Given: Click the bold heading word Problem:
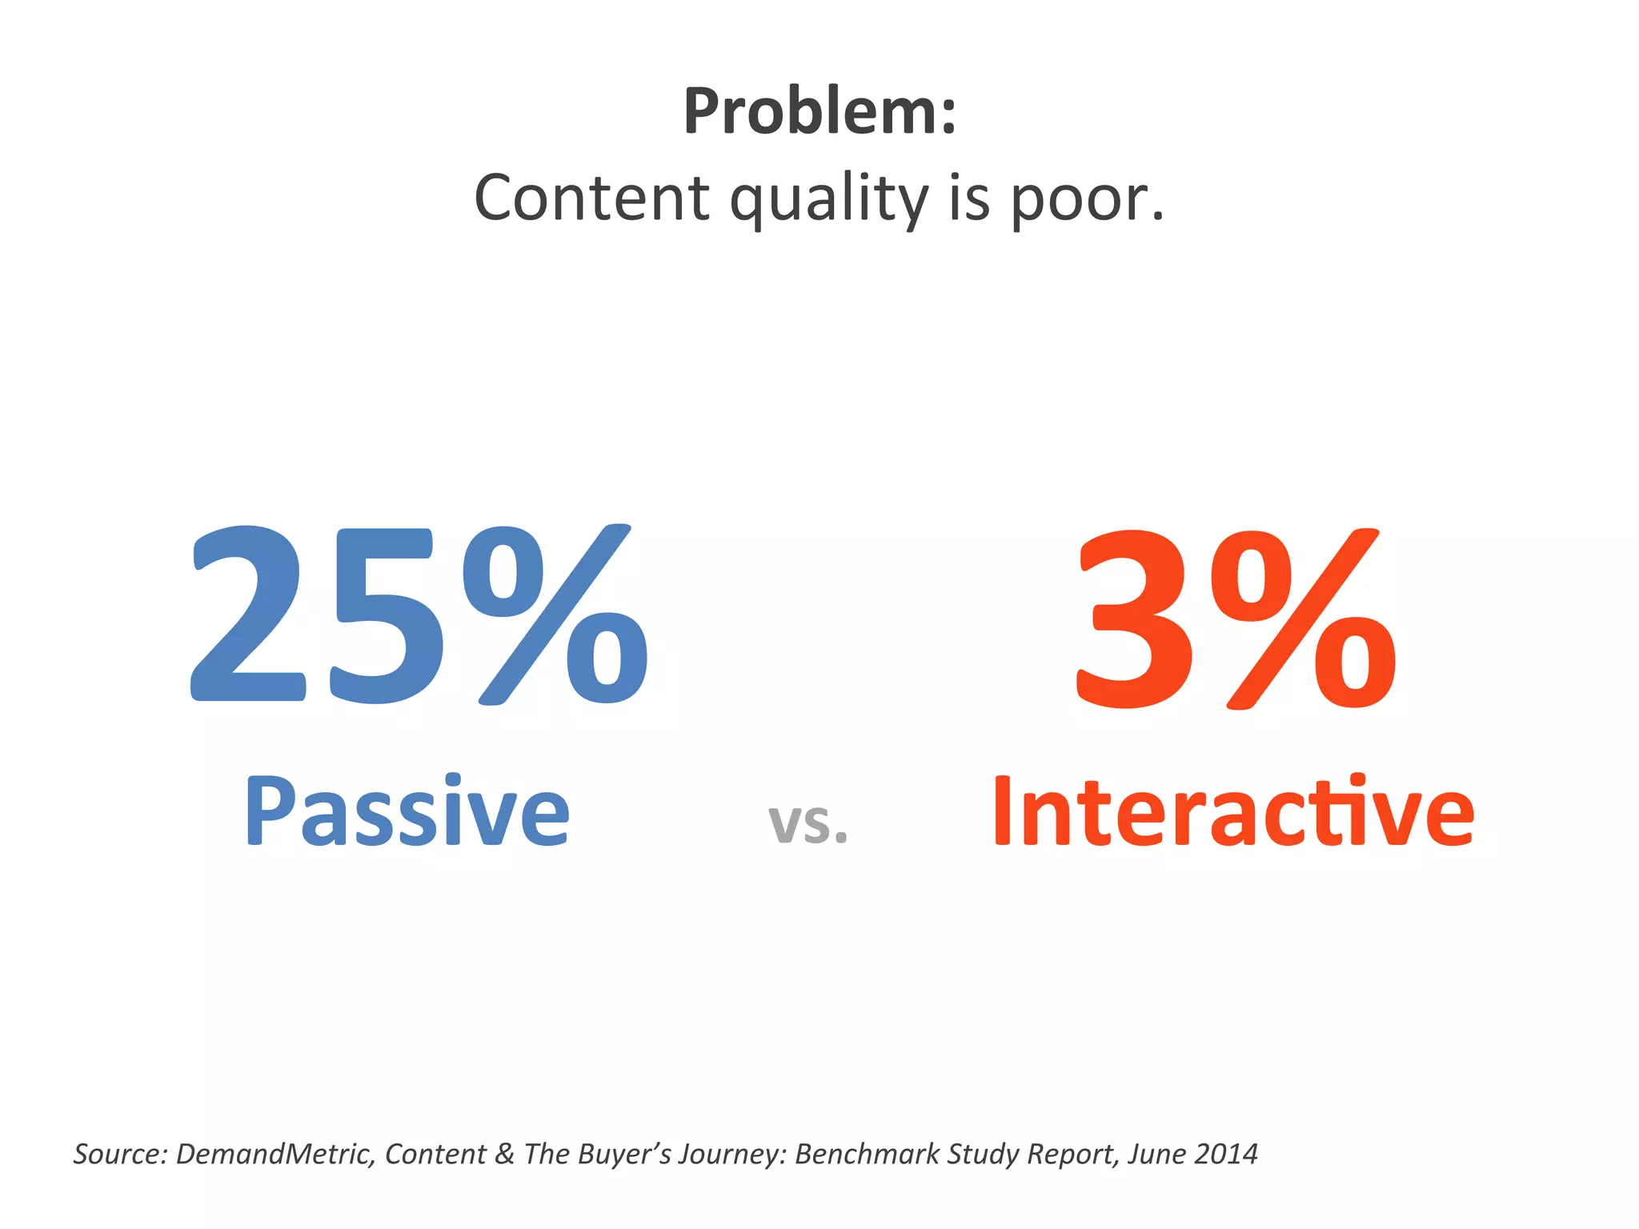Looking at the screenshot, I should (819, 112).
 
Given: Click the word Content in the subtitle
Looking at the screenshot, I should (591, 198).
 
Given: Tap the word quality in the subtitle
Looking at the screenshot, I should (830, 200).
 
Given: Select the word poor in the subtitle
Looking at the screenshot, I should (1080, 200).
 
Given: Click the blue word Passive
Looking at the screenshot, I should (407, 812).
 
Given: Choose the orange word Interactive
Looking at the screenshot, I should (1232, 812).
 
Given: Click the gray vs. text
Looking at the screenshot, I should (807, 824).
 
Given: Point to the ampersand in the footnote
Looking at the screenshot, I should (504, 1154).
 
